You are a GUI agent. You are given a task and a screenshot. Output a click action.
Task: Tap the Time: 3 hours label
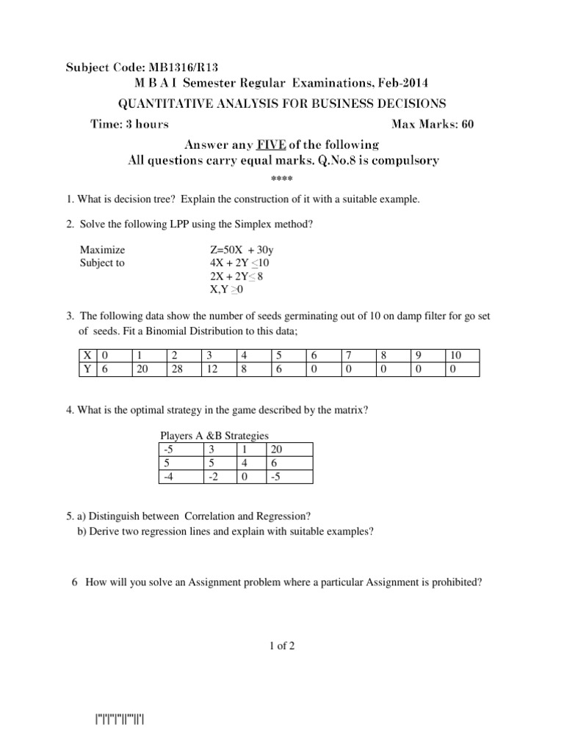tap(129, 124)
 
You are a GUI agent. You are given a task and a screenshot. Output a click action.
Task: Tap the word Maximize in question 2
tap(102, 250)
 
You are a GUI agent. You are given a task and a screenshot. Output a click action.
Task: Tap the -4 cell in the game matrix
tap(168, 477)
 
